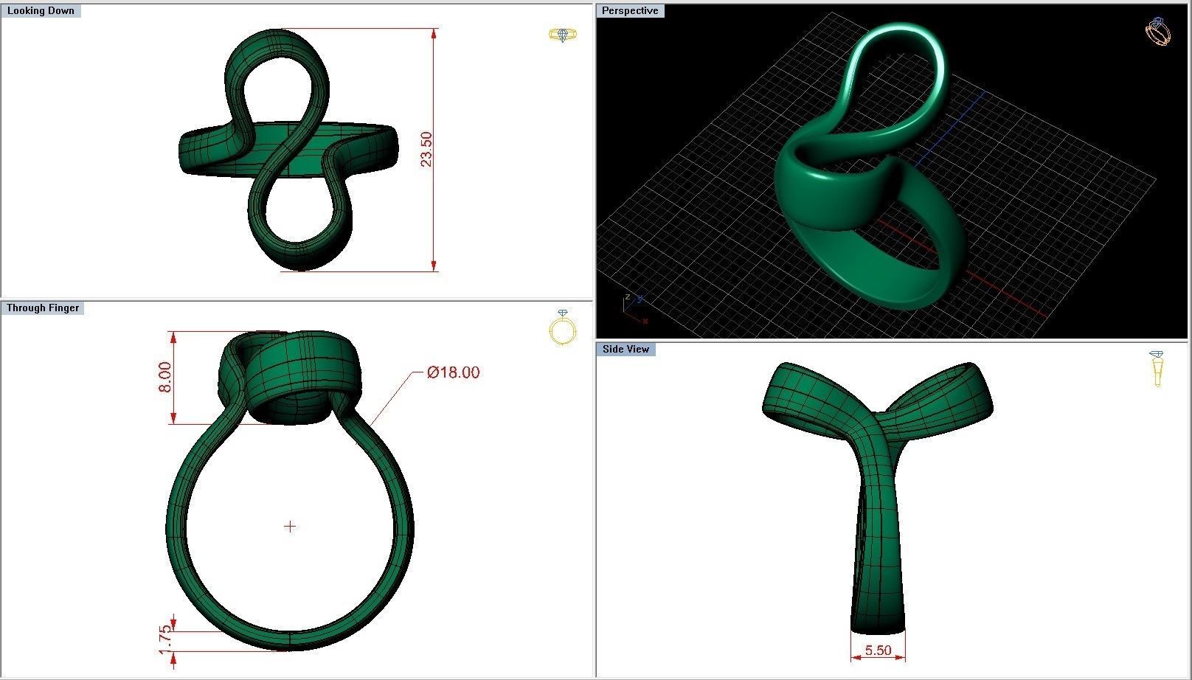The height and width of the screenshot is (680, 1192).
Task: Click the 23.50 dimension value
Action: (x=426, y=150)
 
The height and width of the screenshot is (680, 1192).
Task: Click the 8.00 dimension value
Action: (x=164, y=377)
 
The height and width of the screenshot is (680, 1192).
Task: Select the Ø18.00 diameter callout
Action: (x=453, y=372)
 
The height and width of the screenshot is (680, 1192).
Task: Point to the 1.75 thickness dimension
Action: (x=166, y=639)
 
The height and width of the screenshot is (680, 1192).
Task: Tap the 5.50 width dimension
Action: (x=878, y=650)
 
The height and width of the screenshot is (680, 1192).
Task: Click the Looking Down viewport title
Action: (x=41, y=11)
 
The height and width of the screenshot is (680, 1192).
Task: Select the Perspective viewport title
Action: (x=629, y=11)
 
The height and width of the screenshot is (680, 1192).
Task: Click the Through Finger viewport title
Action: (x=43, y=308)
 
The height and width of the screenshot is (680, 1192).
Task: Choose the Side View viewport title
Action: (x=626, y=349)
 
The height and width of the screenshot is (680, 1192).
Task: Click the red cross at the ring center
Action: (x=290, y=527)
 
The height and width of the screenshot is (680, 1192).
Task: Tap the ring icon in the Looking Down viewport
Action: (x=563, y=35)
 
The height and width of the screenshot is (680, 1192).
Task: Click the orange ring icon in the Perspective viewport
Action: (x=1157, y=32)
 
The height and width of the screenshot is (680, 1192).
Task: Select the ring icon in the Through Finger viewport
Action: (x=562, y=328)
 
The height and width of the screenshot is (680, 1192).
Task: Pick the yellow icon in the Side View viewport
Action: (x=1157, y=368)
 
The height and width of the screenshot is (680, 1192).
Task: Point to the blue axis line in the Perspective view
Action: (x=952, y=125)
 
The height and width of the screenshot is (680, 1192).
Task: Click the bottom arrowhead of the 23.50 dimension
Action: (x=434, y=266)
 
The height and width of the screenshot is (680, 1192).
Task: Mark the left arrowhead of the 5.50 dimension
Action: (x=855, y=657)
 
